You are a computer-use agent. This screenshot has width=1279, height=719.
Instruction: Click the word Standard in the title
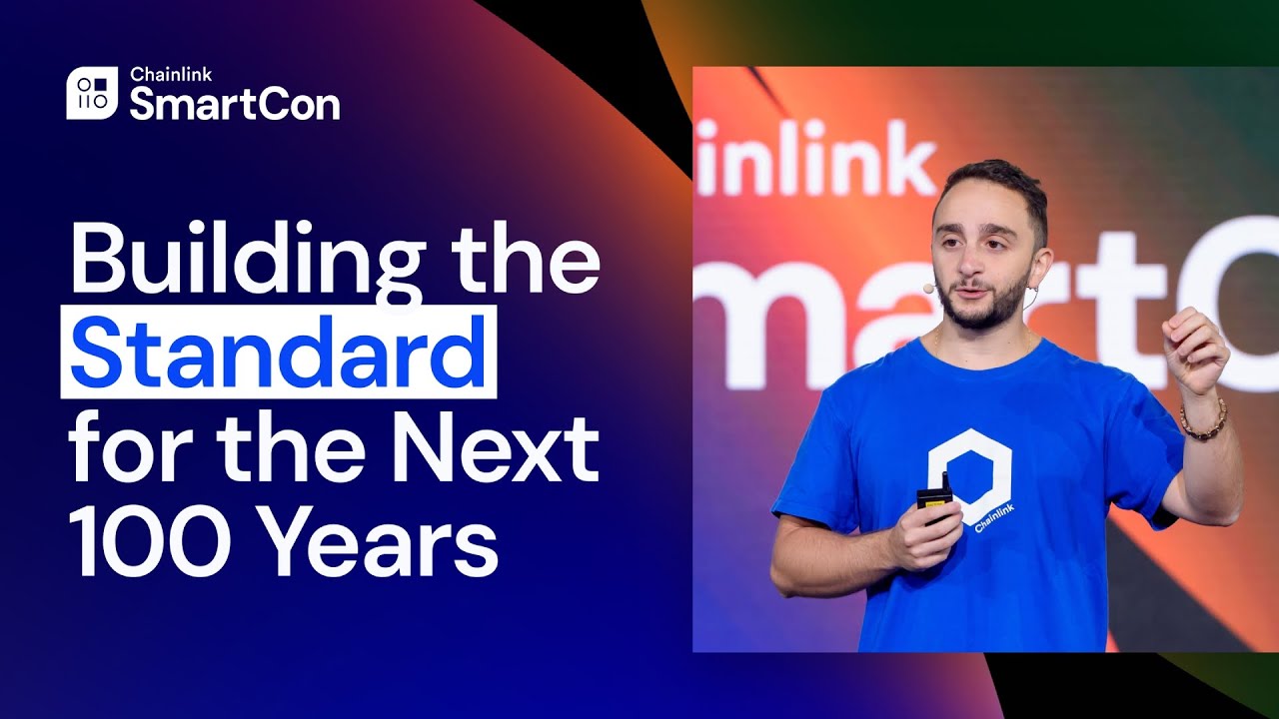coord(278,355)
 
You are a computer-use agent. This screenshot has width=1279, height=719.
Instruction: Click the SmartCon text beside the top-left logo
coord(234,104)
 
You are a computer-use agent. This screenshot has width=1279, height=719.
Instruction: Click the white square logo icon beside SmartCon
coord(92,93)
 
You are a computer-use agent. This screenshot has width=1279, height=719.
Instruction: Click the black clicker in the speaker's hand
coord(935,498)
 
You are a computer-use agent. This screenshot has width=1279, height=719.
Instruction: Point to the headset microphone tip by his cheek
coord(928,288)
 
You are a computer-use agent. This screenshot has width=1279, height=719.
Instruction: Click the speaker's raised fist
coord(1194,350)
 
